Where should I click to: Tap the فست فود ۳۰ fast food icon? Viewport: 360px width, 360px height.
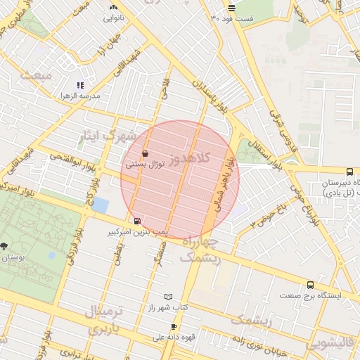(232, 8)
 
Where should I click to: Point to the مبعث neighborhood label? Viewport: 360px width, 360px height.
(37, 75)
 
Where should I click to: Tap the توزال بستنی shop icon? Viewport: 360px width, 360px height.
(145, 153)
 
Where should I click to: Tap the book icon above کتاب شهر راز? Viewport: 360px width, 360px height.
(167, 297)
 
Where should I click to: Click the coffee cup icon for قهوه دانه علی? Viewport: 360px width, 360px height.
(174, 327)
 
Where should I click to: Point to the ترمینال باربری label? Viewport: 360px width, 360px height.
(103, 319)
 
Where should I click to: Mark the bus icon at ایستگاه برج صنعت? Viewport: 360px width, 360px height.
(310, 285)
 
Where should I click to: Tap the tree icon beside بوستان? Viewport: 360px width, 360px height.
(4, 245)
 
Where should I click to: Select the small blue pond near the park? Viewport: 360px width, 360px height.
(101, 205)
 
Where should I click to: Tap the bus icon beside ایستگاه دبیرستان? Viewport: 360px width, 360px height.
(349, 172)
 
